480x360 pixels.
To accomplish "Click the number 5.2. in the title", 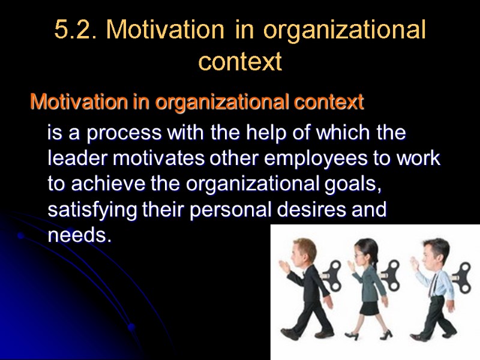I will click(76, 30).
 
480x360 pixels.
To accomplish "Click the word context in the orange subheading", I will click(329, 103).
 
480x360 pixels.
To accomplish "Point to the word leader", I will click(74, 159).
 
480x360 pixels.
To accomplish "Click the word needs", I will click(78, 236).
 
